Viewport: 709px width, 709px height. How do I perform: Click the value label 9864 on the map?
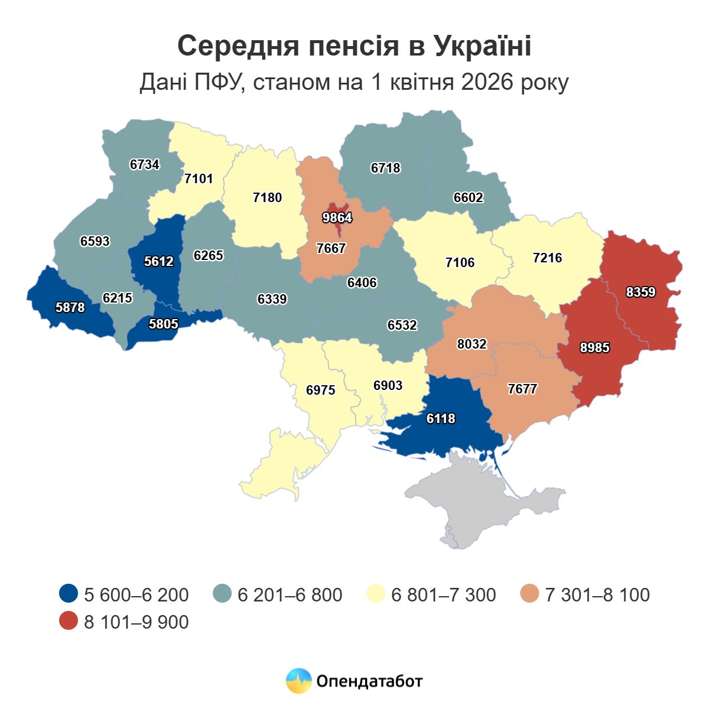337,217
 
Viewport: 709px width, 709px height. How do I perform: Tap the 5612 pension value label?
158,261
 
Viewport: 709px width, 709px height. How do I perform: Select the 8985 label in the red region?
594,348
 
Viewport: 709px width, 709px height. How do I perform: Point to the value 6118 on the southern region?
441,418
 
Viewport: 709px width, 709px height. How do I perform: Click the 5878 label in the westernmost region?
70,307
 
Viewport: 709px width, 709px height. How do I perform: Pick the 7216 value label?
547,258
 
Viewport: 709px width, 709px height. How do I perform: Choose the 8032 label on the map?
471,343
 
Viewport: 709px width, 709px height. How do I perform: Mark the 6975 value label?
321,390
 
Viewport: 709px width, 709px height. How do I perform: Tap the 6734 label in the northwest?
145,164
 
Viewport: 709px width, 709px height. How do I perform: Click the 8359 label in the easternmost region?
640,292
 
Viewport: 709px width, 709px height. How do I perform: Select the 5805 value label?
163,324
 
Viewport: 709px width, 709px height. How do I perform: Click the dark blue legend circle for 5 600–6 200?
69,594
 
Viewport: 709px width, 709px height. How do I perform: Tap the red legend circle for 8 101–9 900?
69,622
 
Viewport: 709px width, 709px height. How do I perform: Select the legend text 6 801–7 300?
444,594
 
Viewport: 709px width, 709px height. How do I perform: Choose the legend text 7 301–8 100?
597,594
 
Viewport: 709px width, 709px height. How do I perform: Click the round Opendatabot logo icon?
298,681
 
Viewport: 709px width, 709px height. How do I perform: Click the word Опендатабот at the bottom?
369,681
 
